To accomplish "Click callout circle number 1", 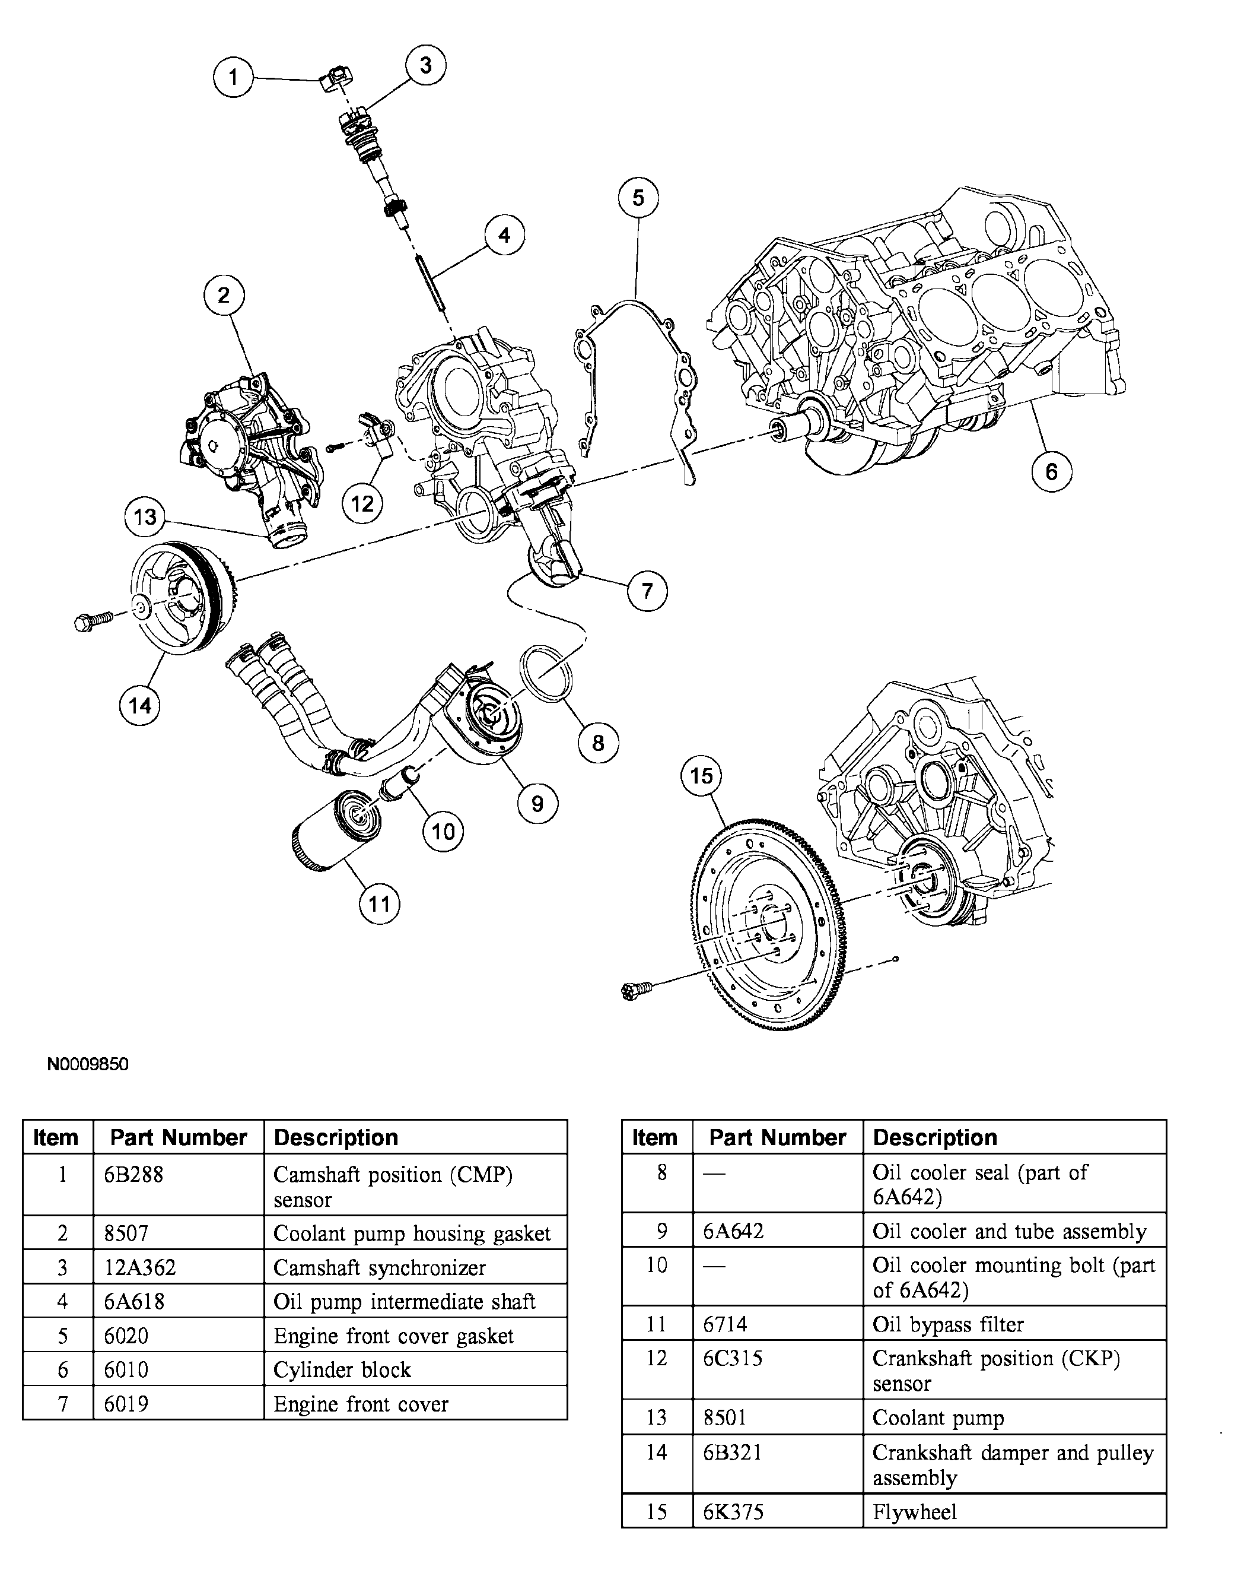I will click(233, 77).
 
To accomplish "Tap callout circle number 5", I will click(638, 198).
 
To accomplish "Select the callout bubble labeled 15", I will click(701, 775).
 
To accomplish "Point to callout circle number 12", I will click(362, 503).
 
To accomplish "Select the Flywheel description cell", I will click(914, 1512).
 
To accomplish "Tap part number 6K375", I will click(733, 1512).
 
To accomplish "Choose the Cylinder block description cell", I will click(342, 1370).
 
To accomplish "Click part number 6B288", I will click(133, 1175).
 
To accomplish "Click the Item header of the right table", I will click(654, 1137).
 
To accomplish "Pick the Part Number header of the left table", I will click(178, 1137).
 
